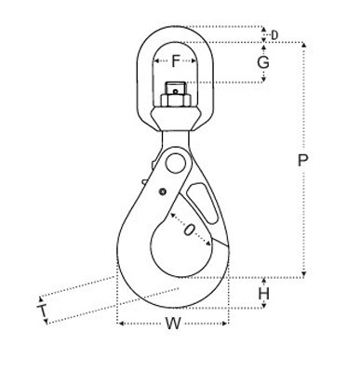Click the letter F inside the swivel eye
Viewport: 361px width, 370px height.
[176, 63]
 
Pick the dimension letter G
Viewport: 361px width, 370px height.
[263, 62]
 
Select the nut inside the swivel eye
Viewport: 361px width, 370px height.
[175, 96]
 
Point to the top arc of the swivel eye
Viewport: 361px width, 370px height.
[176, 29]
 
